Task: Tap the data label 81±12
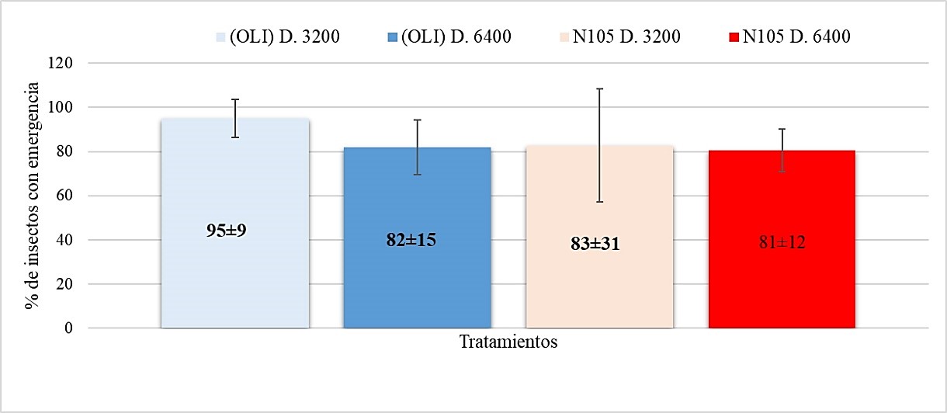point(782,241)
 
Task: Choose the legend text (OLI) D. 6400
point(455,36)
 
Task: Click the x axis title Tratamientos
point(508,342)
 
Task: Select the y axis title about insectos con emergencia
point(32,196)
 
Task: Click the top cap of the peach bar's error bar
point(599,88)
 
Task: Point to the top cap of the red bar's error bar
point(782,129)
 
